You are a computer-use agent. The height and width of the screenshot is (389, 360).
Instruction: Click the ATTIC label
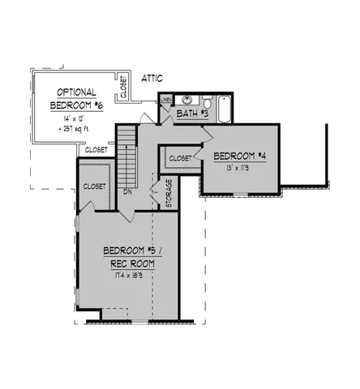[152, 79]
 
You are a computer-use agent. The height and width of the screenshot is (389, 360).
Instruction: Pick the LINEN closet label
[165, 100]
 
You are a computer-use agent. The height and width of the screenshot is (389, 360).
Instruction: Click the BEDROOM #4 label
[240, 156]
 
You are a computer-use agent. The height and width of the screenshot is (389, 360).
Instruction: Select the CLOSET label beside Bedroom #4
[180, 159]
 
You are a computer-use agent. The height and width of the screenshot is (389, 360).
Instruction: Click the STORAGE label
[169, 194]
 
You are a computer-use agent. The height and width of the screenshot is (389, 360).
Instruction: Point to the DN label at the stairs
[128, 192]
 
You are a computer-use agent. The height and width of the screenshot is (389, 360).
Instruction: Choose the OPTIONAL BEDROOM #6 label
[76, 99]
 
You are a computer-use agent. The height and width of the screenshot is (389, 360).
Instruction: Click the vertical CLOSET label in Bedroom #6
[123, 87]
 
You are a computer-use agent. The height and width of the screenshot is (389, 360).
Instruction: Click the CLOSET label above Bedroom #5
[95, 186]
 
